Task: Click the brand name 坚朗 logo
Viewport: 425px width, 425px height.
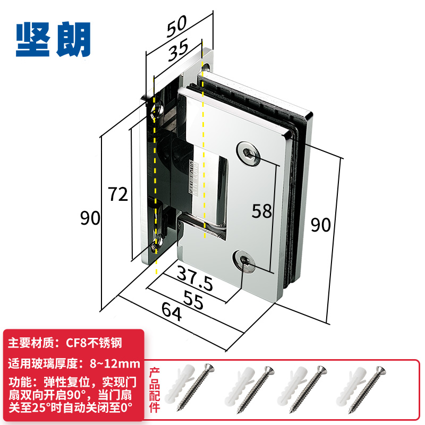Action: coord(53,39)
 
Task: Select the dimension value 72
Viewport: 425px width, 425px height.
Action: coord(117,195)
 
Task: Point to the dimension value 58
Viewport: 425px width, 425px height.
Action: coord(261,211)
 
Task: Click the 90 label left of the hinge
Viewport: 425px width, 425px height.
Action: coord(90,218)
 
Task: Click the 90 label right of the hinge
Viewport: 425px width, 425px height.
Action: coord(320,225)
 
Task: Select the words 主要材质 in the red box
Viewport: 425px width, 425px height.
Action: coord(31,343)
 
